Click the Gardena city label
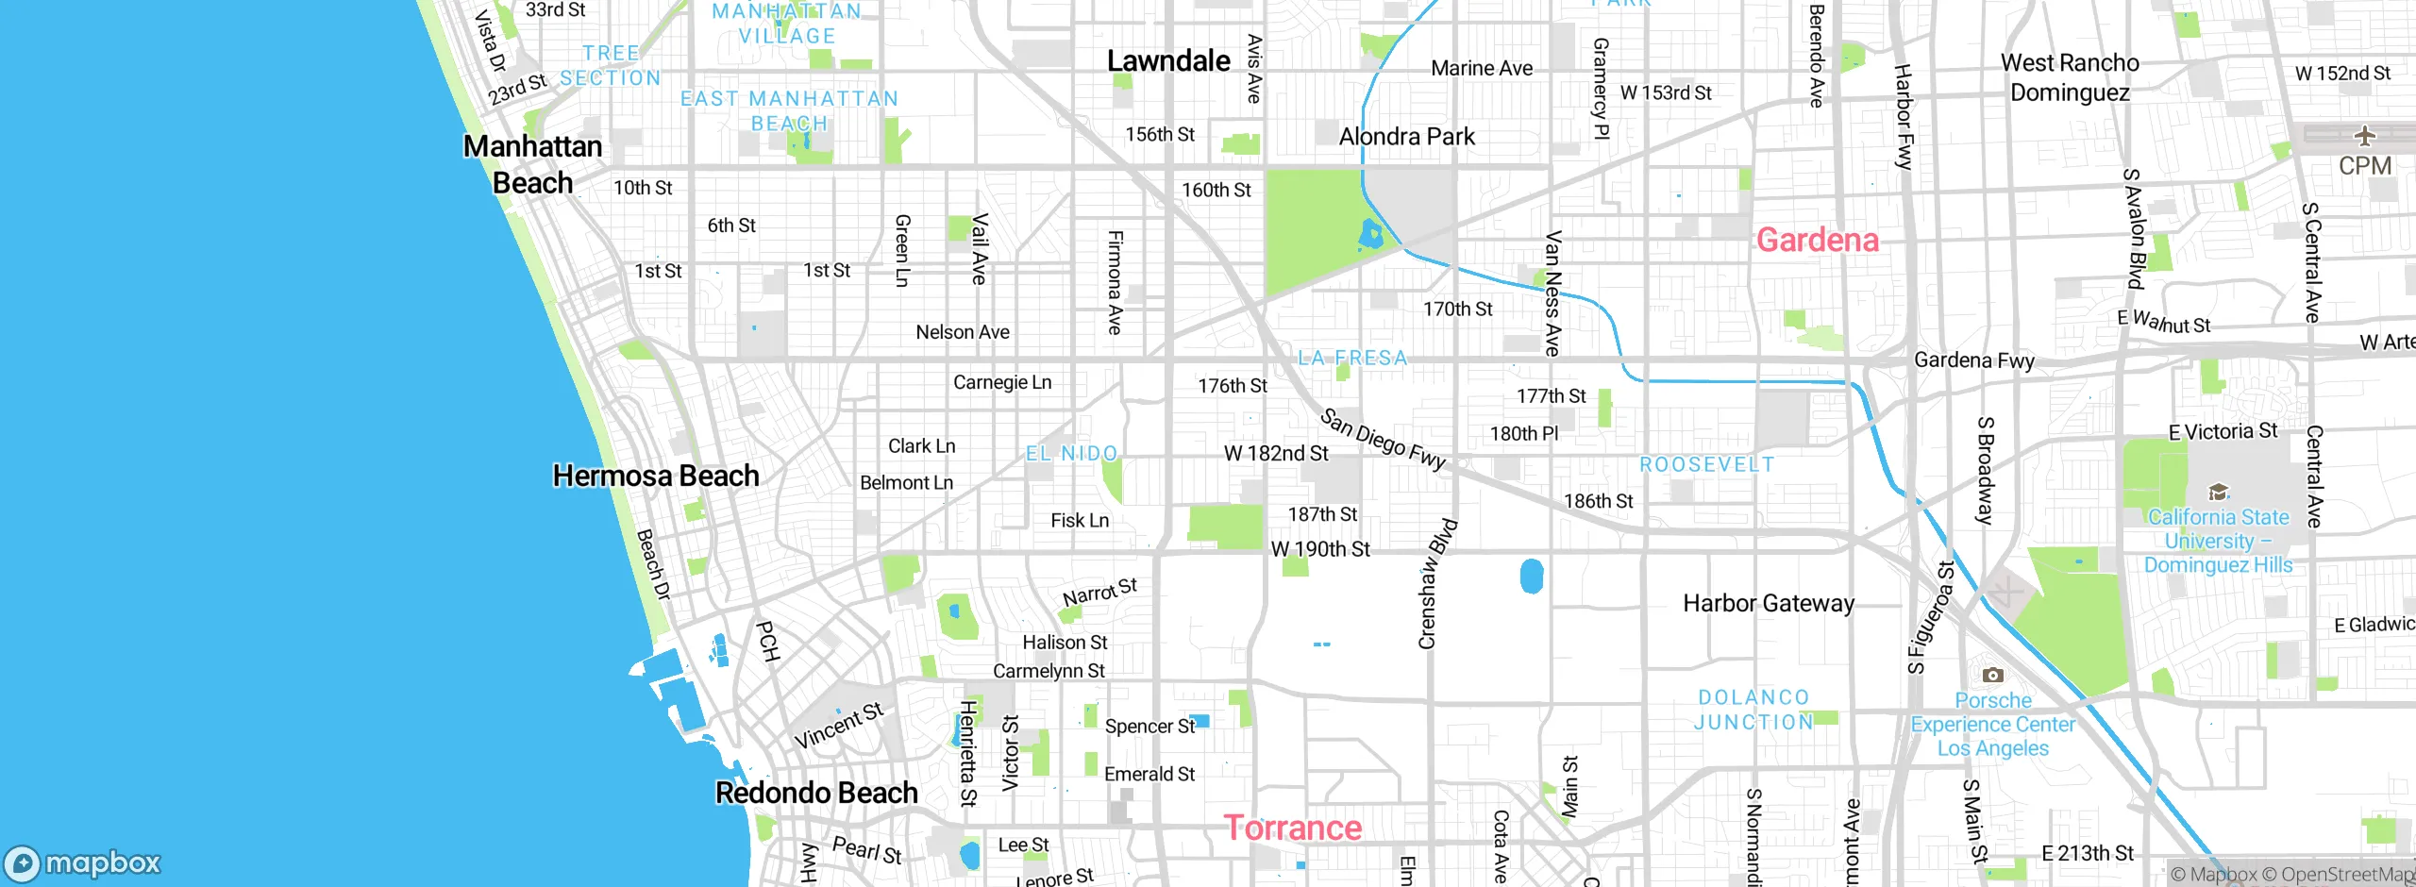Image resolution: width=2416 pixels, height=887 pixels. pyautogui.click(x=1817, y=240)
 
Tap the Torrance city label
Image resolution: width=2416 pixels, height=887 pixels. pyautogui.click(x=1293, y=828)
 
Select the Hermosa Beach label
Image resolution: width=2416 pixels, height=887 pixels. pyautogui.click(x=656, y=476)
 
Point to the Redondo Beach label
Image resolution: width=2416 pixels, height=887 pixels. pyautogui.click(x=816, y=793)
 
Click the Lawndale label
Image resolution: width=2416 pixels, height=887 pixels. pyautogui.click(x=1168, y=61)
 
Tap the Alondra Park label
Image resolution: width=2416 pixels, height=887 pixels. pyautogui.click(x=1406, y=137)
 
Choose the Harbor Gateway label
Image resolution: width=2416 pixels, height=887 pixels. pyautogui.click(x=1769, y=603)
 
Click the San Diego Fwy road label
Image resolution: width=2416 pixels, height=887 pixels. pyautogui.click(x=1383, y=439)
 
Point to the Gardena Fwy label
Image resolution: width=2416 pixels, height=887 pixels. pyautogui.click(x=1973, y=360)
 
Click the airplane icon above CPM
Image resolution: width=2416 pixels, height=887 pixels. pyautogui.click(x=2364, y=136)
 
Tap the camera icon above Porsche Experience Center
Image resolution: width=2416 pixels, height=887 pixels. pyautogui.click(x=1992, y=675)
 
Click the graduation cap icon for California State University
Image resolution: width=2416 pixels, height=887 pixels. pyautogui.click(x=2218, y=492)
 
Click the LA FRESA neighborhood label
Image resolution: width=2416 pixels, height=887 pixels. pyautogui.click(x=1352, y=359)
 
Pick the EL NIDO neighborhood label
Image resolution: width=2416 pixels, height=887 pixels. pyautogui.click(x=1071, y=454)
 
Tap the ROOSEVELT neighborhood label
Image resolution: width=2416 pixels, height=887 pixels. pyautogui.click(x=1706, y=465)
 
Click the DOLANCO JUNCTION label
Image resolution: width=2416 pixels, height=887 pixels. pyautogui.click(x=1753, y=710)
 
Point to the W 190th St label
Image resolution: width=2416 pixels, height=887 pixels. pyautogui.click(x=1319, y=549)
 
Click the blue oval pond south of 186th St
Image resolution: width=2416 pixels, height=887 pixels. pyautogui.click(x=1532, y=576)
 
